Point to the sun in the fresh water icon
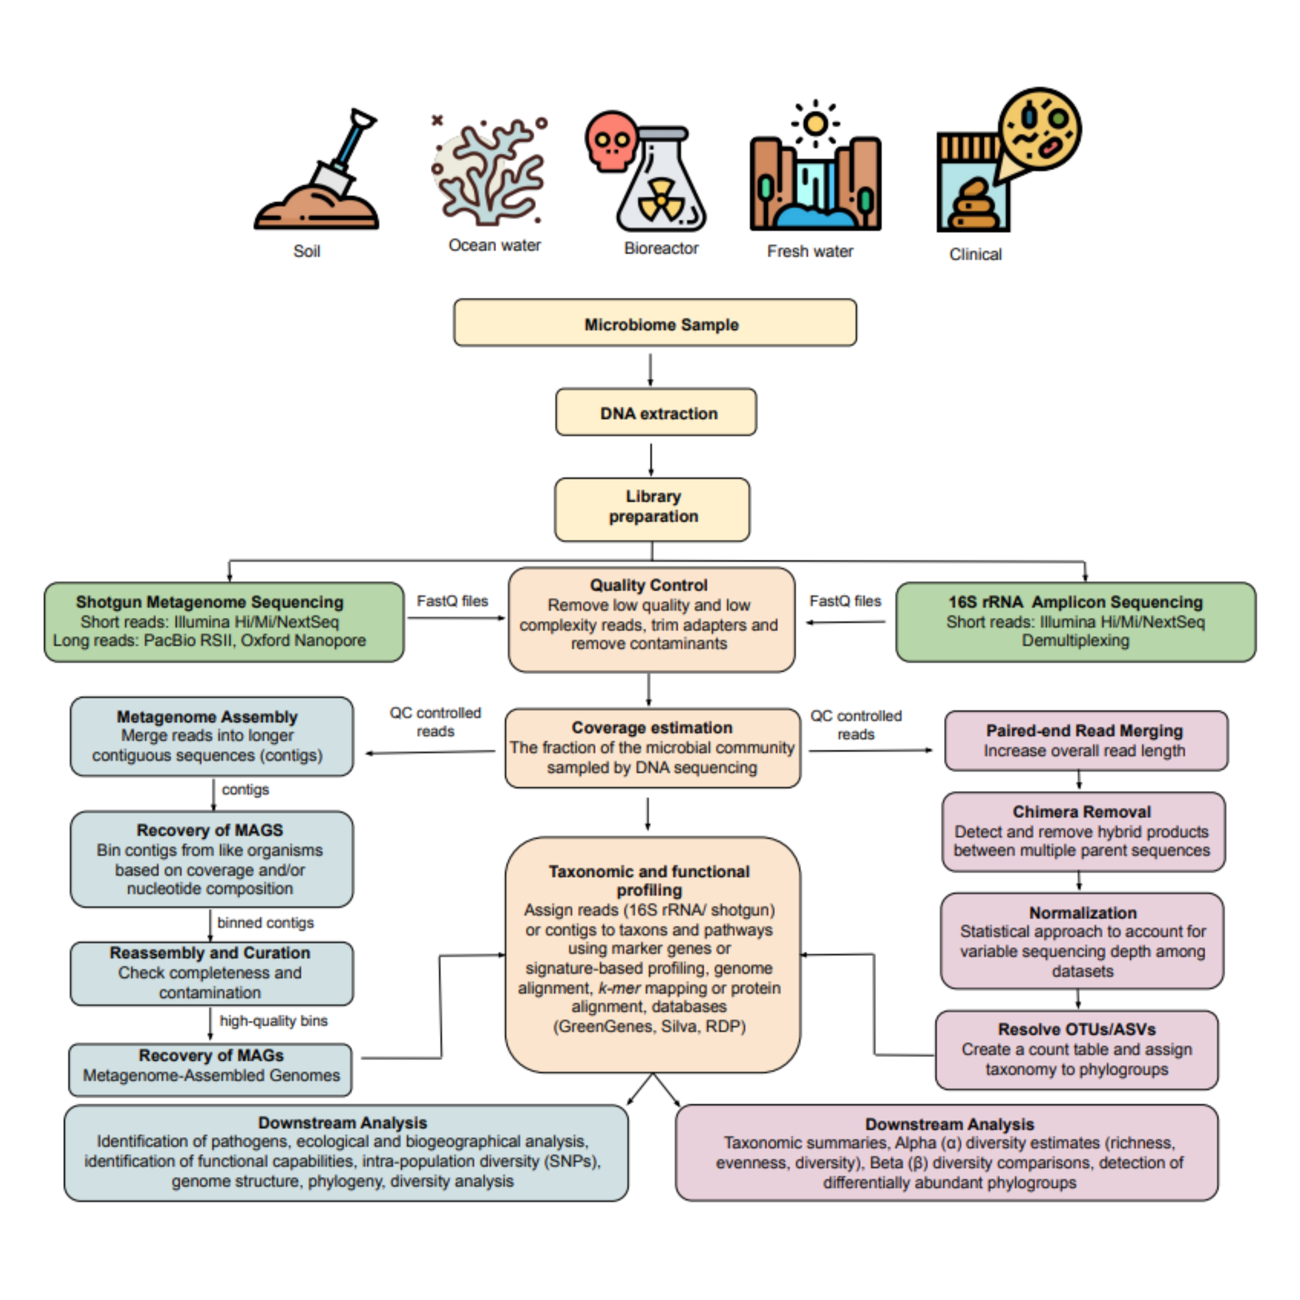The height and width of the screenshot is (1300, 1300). [815, 124]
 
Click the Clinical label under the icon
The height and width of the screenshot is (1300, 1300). [975, 254]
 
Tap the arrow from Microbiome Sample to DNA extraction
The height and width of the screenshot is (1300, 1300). [650, 369]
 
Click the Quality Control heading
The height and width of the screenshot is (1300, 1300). [649, 585]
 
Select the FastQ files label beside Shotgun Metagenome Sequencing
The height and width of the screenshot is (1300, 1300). [452, 601]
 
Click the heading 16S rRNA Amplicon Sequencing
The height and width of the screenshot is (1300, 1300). [1075, 601]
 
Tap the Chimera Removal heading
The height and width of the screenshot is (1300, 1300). [1082, 811]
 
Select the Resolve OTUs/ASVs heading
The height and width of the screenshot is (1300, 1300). [1076, 1029]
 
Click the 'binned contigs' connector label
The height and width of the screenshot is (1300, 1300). [265, 923]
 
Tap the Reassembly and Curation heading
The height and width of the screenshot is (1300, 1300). [210, 953]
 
